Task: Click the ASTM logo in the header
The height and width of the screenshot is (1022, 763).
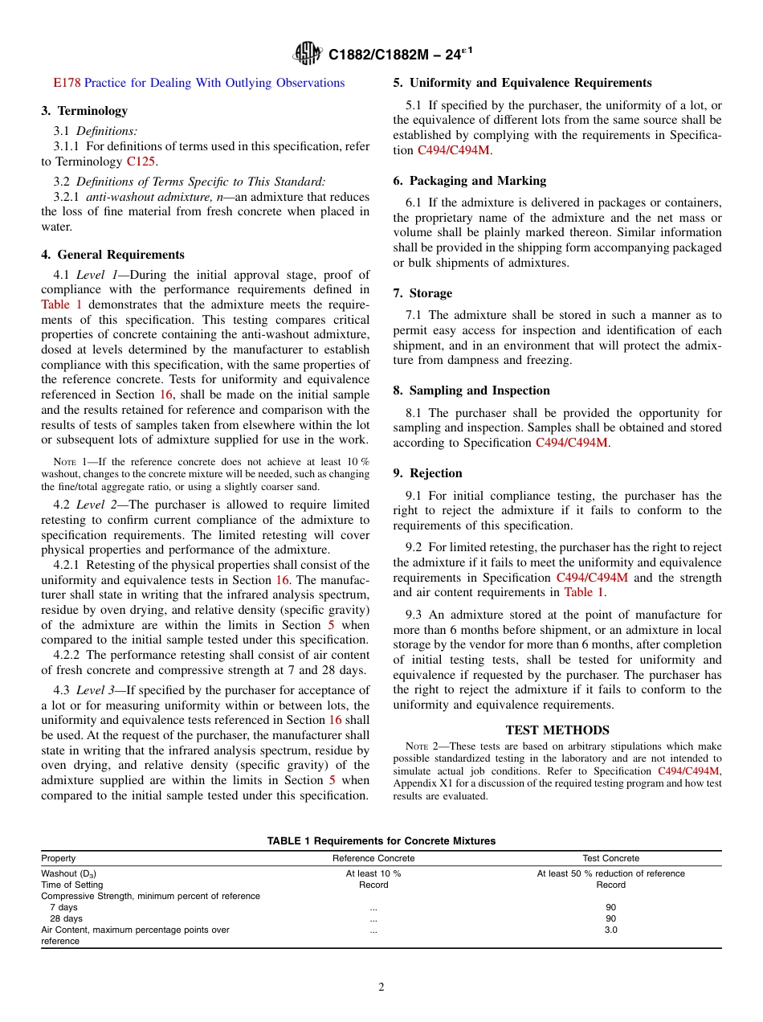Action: (x=308, y=54)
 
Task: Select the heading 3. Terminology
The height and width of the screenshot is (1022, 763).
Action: (x=84, y=111)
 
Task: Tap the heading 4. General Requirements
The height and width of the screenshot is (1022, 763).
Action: (x=112, y=255)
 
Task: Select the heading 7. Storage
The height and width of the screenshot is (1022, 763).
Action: (x=422, y=293)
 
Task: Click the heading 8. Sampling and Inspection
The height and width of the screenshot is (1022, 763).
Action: (x=471, y=390)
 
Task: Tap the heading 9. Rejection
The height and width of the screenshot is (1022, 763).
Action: (x=427, y=473)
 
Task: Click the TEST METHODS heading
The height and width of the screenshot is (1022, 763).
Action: (x=557, y=730)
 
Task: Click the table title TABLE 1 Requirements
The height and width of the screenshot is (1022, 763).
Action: (x=381, y=841)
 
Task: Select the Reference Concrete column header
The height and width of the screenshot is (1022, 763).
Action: (x=373, y=858)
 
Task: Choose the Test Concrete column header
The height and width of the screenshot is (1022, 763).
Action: (x=610, y=858)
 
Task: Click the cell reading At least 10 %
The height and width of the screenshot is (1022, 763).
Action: (x=373, y=873)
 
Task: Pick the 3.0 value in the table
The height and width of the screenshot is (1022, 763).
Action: (x=610, y=930)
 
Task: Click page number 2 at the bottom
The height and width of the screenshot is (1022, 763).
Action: (x=381, y=987)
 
